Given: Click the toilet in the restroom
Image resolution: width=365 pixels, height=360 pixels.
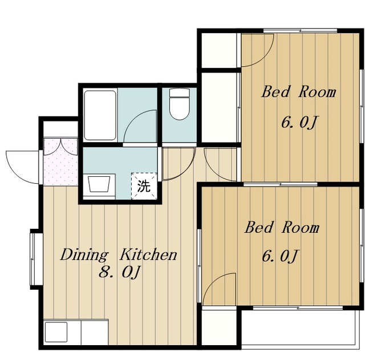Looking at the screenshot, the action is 179,104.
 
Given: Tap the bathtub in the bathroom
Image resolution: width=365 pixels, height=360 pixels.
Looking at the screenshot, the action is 100,115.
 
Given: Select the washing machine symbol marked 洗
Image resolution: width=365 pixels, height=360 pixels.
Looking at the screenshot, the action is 144,186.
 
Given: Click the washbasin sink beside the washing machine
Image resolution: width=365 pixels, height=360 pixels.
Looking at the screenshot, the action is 99,184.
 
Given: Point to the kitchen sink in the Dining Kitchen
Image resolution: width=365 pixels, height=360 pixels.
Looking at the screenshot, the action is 56,332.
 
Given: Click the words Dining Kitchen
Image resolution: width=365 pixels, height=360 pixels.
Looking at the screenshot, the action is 119,255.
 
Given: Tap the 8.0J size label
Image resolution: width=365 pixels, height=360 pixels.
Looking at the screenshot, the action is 120,272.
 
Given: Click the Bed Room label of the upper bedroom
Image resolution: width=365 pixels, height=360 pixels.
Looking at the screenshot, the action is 299,92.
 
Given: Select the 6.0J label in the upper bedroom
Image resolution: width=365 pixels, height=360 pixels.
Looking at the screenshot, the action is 299,122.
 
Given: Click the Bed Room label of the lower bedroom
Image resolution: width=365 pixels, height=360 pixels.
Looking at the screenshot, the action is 282,228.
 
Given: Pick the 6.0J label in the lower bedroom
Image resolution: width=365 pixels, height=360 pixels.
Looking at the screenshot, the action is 280,256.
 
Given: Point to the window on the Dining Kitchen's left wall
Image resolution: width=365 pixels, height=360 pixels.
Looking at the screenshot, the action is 33,259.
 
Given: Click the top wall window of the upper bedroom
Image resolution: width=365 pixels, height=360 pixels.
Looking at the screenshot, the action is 301,30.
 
